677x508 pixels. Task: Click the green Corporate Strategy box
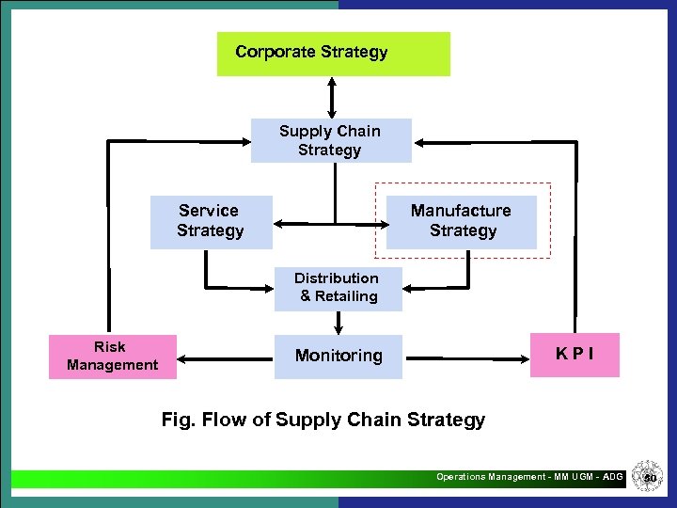(333, 54)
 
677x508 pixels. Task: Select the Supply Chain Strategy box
(330, 140)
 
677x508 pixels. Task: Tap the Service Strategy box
(211, 222)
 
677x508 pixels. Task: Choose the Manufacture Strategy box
(461, 222)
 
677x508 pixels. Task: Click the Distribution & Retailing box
(338, 288)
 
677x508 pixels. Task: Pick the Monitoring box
(338, 357)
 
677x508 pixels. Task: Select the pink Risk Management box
(112, 357)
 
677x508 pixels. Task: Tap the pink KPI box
(574, 355)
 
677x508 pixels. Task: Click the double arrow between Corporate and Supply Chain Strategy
(331, 97)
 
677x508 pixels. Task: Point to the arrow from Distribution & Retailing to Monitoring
(338, 323)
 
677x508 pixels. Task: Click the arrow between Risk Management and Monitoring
(226, 357)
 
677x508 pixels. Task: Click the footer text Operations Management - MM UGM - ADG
(529, 477)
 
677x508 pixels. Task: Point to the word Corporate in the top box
(276, 52)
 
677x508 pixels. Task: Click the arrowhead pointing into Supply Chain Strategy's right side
(420, 142)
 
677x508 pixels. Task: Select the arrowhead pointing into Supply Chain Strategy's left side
(244, 142)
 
